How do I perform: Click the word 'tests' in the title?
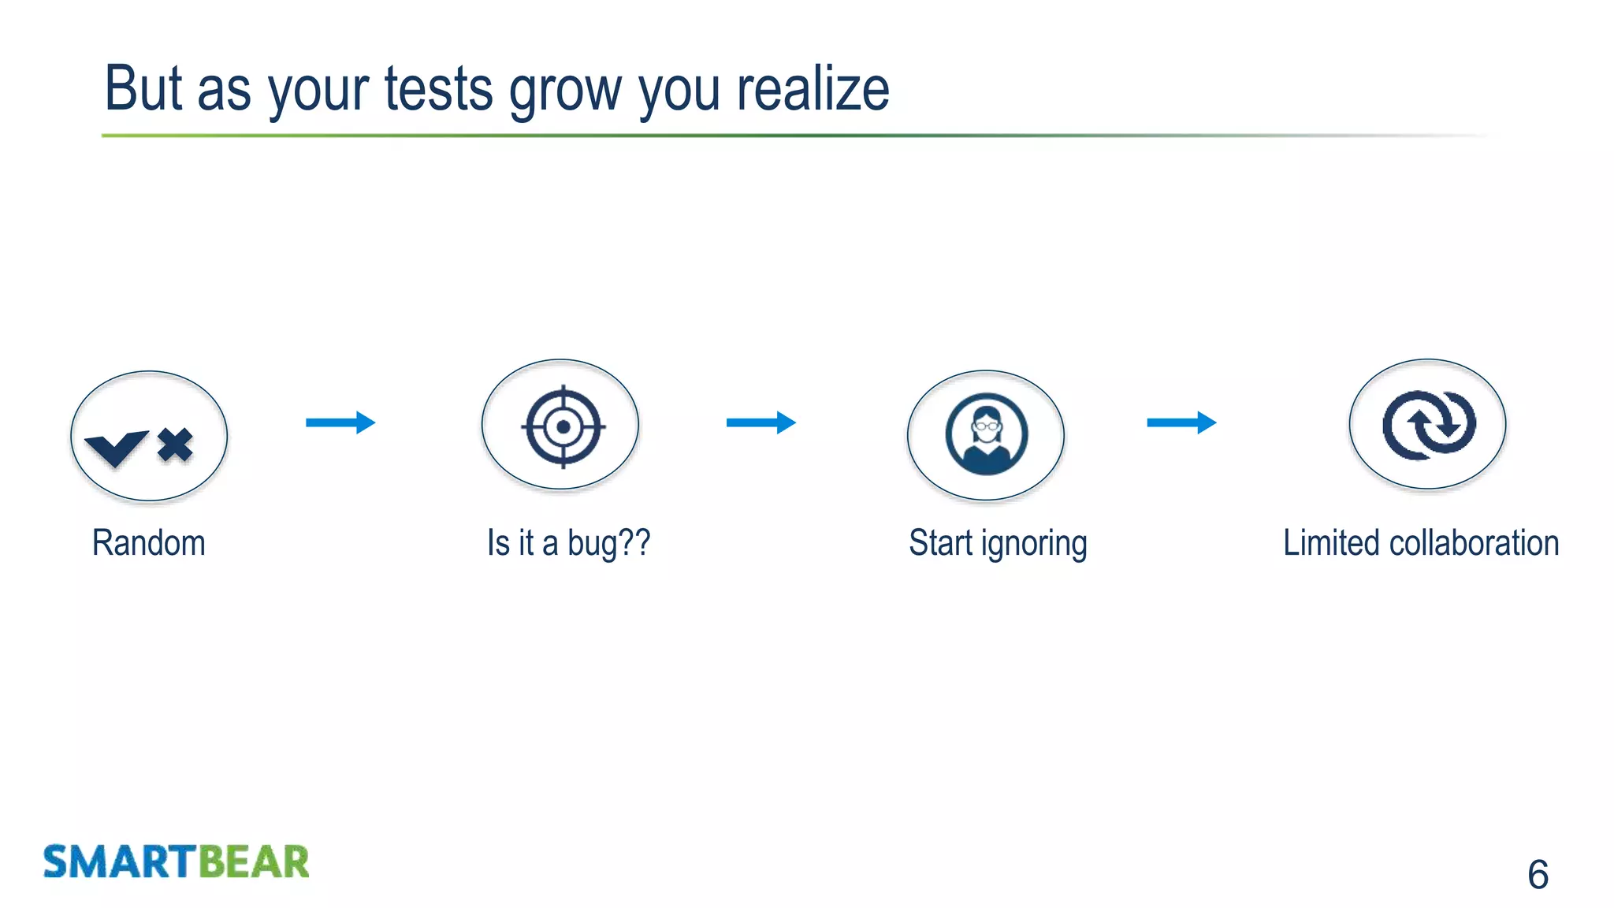pos(438,89)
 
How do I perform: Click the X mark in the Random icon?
pos(175,445)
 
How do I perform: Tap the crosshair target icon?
pos(563,426)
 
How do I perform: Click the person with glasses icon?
pos(986,434)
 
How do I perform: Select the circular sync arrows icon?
pos(1428,426)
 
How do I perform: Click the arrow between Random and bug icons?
pos(340,422)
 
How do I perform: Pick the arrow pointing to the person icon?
pos(761,422)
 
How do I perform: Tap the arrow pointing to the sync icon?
pos(1181,422)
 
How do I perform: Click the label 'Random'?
pos(148,543)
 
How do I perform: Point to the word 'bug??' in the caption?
pos(608,543)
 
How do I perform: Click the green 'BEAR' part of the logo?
pos(253,861)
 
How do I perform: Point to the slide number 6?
pos(1538,875)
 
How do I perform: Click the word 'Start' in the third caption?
pos(940,543)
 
